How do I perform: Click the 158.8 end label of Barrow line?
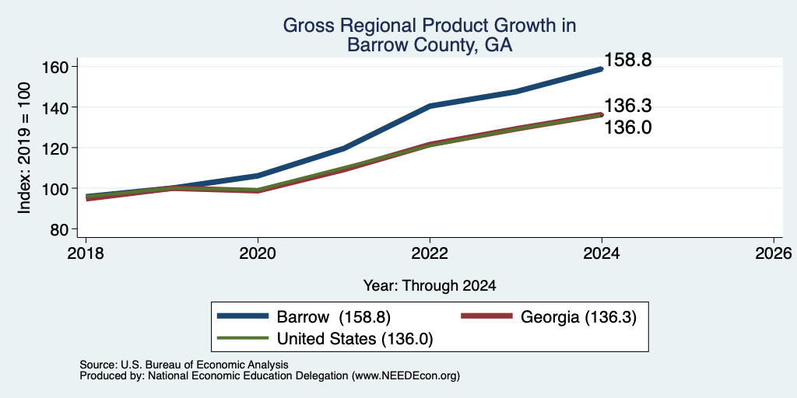628,61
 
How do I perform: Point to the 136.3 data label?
628,106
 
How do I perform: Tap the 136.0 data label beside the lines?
628,127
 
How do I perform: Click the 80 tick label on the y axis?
59,229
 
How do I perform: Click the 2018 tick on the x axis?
86,253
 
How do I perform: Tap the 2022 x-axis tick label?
430,253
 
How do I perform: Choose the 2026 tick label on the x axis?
774,253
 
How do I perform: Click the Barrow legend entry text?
333,317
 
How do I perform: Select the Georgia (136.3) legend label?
578,317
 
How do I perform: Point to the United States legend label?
355,338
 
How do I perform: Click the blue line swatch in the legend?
243,316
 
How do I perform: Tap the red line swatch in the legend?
486,316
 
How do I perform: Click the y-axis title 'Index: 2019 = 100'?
24,148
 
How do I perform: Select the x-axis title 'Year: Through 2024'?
430,286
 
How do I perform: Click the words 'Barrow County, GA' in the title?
430,45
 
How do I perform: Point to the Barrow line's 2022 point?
430,106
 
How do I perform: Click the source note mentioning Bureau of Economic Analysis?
184,365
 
